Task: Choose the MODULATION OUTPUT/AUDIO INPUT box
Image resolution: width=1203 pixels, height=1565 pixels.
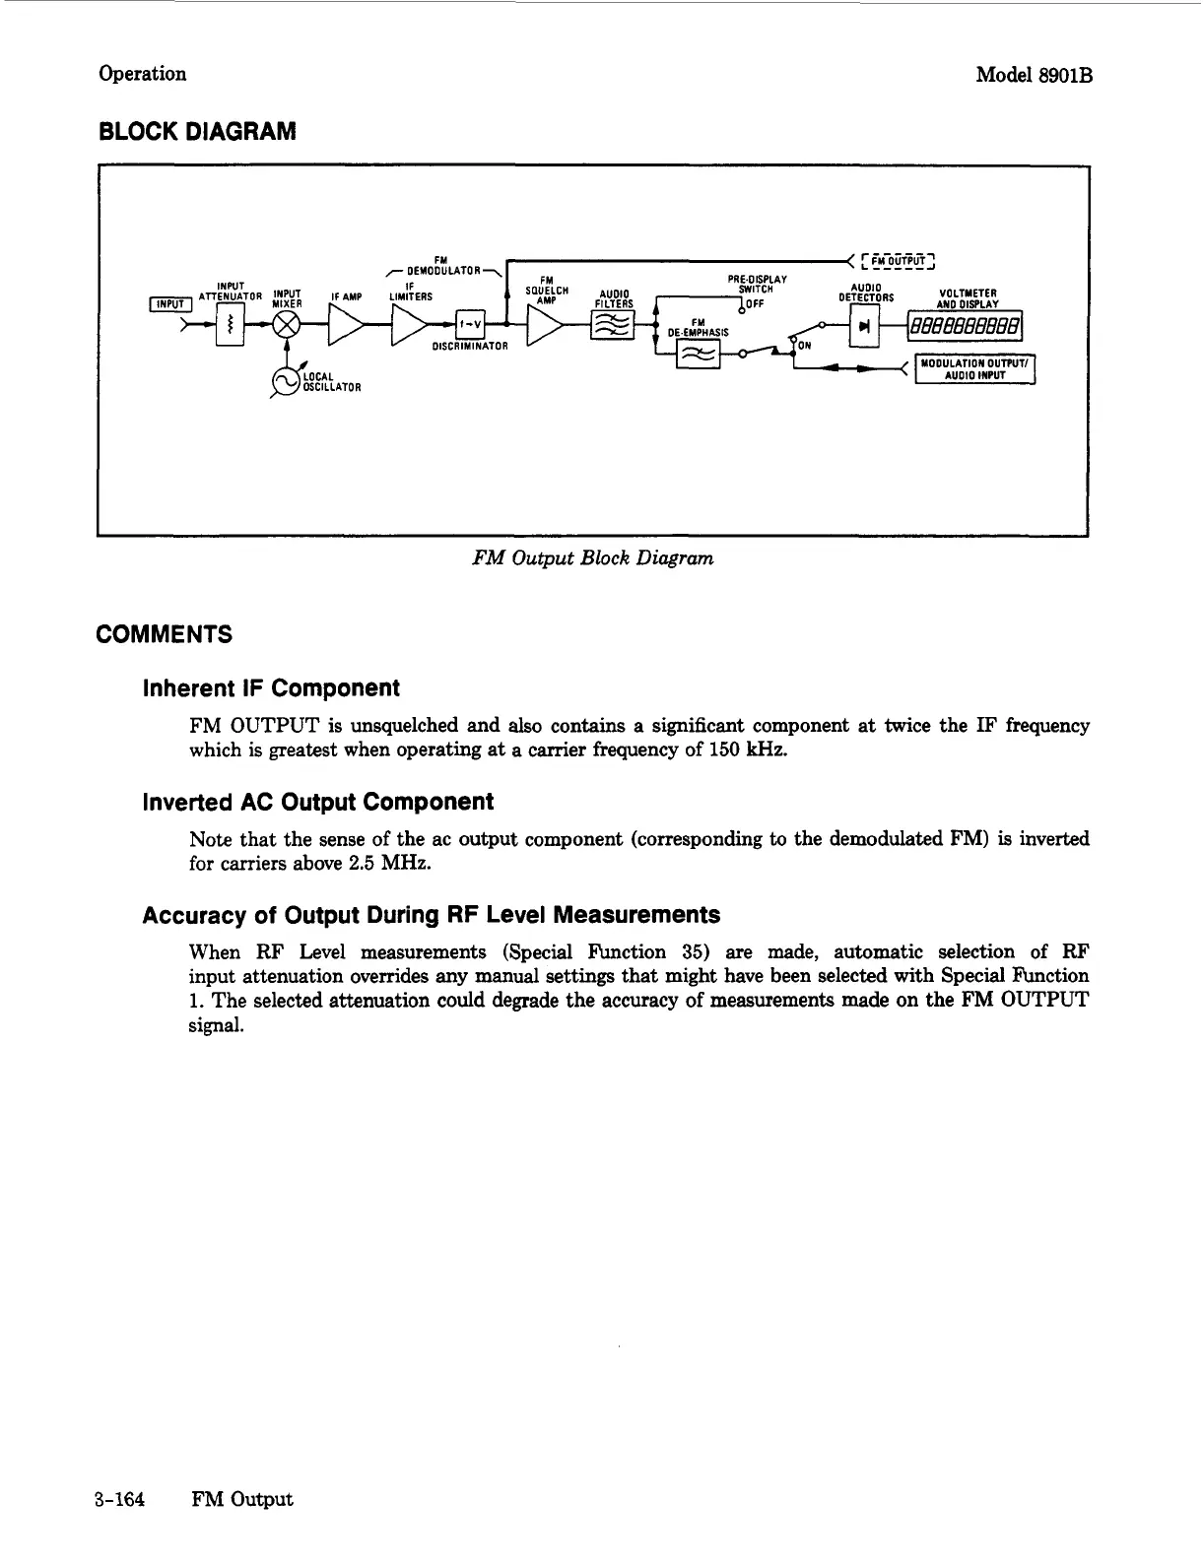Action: point(974,367)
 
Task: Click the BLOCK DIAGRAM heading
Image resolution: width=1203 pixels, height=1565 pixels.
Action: point(196,131)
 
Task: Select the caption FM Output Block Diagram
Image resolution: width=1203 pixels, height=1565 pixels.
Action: point(592,558)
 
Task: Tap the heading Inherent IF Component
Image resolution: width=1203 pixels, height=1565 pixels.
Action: point(271,687)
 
